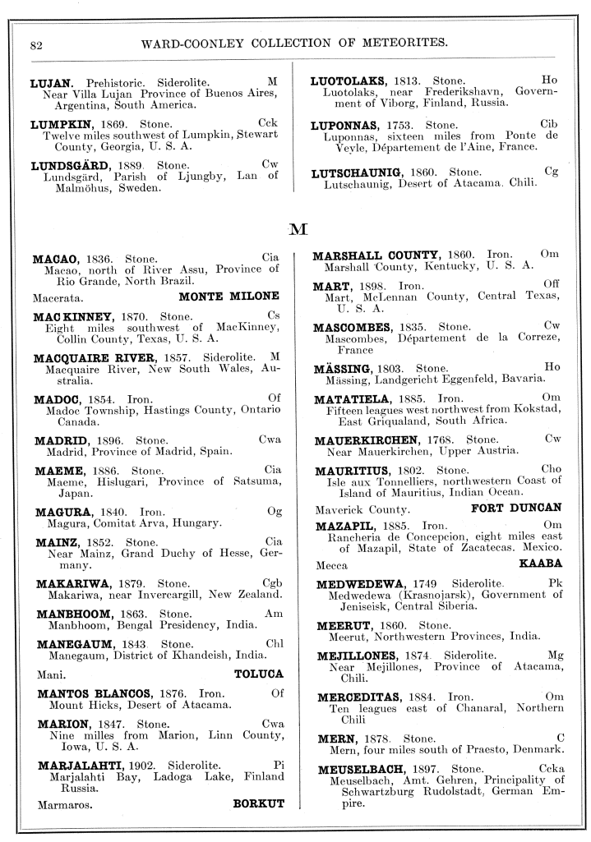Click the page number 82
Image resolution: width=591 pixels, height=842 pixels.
coord(35,44)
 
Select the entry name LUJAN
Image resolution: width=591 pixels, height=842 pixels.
coord(53,83)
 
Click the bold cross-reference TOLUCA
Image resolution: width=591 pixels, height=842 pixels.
coord(258,674)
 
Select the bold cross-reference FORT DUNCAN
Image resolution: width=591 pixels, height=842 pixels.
coord(516,508)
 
